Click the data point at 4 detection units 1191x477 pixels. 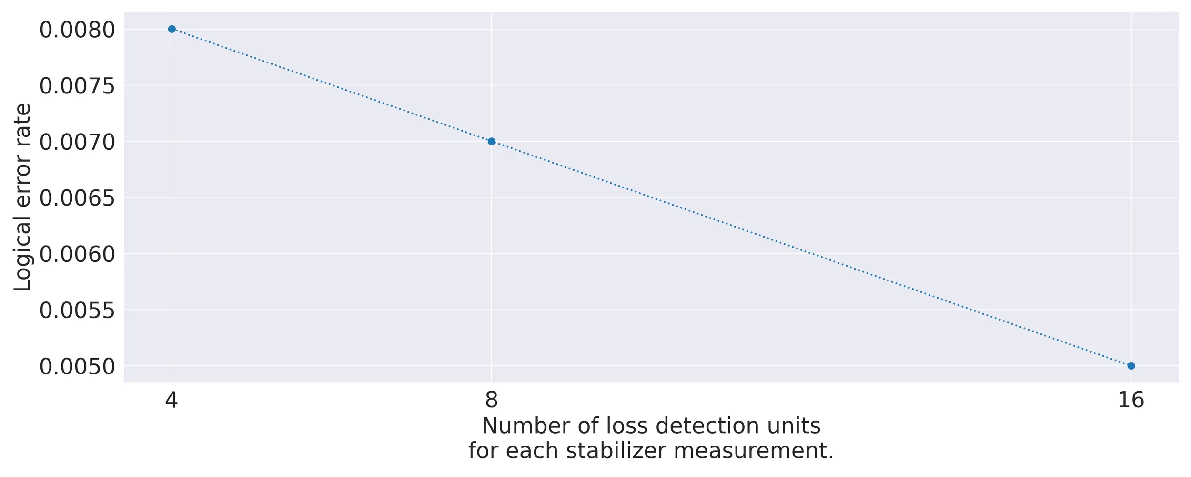click(172, 29)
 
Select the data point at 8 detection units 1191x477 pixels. click(492, 141)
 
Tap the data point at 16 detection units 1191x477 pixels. click(1131, 366)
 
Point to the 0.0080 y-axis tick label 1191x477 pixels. click(77, 30)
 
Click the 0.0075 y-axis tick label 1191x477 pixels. click(77, 86)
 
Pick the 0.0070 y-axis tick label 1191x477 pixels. click(77, 142)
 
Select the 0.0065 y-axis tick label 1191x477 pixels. click(77, 198)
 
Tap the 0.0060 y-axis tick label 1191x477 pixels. click(77, 254)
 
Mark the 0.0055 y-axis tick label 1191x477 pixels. click(77, 311)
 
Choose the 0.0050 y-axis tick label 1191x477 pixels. click(77, 367)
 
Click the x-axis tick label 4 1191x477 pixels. click(172, 400)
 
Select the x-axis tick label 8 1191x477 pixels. click(492, 400)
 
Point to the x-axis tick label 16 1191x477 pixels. click(1131, 400)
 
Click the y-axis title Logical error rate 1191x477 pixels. click(22, 197)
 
